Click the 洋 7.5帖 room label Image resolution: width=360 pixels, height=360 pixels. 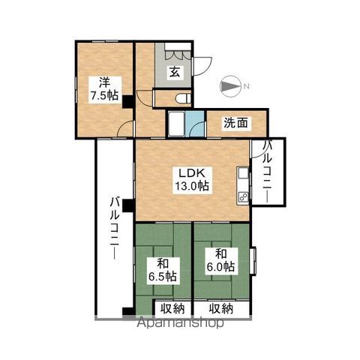(x=105, y=89)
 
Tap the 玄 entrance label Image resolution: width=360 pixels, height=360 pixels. (x=175, y=72)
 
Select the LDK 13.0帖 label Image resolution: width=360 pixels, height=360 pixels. (x=192, y=179)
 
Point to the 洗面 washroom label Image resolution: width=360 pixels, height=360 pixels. (x=236, y=123)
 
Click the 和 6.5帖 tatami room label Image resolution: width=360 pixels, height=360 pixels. (x=163, y=271)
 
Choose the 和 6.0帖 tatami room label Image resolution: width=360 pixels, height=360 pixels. (x=220, y=260)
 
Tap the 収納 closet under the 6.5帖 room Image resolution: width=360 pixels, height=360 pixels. (x=172, y=308)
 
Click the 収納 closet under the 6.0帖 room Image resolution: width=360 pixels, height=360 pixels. (x=221, y=308)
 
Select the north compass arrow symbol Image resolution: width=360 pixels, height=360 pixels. (x=230, y=86)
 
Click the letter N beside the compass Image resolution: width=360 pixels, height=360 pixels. (x=246, y=87)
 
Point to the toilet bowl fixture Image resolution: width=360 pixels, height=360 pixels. (x=183, y=99)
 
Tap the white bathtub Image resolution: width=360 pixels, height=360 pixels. (x=176, y=124)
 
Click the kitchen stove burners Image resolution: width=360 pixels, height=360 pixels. (x=243, y=196)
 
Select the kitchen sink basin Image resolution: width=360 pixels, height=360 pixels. (x=243, y=173)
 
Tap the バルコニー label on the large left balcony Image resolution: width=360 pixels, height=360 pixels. (x=115, y=228)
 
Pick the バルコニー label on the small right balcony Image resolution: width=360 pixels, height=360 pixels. (x=268, y=172)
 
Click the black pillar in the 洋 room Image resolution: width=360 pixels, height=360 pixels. (x=127, y=102)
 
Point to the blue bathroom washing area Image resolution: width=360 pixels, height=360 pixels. (x=195, y=124)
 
